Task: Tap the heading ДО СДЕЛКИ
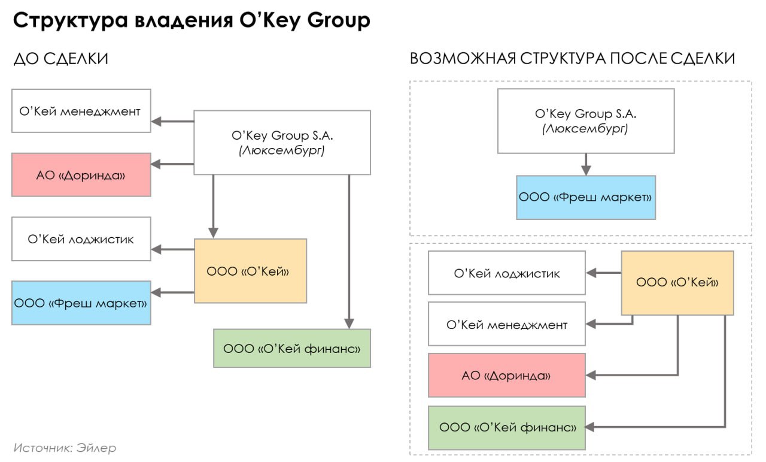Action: pos(60,59)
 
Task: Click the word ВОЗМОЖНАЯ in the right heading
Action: pos(461,59)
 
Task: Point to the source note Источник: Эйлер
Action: pos(65,448)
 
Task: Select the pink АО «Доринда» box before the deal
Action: pos(81,175)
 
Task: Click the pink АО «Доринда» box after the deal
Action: pos(506,375)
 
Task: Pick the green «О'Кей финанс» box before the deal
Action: pos(291,348)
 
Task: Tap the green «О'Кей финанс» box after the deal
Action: pos(506,428)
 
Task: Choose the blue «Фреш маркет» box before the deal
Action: pos(81,303)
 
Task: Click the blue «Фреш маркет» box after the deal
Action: pos(585,197)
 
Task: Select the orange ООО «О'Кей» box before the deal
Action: pos(250,271)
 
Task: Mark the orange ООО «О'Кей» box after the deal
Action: pos(677,283)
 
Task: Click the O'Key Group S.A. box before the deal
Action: pos(281,143)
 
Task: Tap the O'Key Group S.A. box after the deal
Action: pos(585,120)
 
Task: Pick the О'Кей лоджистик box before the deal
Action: pos(81,239)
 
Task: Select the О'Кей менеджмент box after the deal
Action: pos(506,324)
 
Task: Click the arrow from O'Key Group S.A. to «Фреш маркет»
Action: pos(586,163)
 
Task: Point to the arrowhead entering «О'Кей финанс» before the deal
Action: pos(349,323)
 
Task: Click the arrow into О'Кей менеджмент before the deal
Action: pos(172,122)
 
